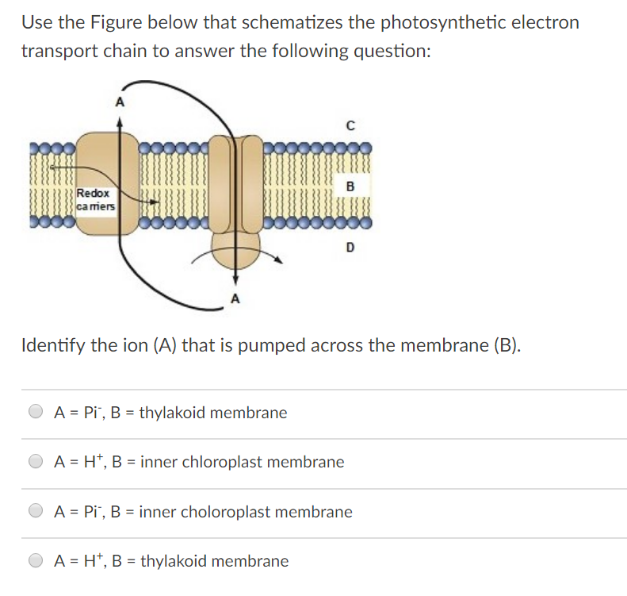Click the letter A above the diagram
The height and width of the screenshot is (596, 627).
(x=119, y=102)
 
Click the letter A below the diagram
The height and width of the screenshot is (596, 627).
(x=235, y=299)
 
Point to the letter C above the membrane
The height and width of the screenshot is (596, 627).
(x=350, y=125)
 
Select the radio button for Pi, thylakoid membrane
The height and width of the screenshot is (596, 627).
(x=36, y=413)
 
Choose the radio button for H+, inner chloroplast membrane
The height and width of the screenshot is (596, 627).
(x=36, y=462)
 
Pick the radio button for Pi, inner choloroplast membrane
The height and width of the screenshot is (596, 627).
(x=36, y=512)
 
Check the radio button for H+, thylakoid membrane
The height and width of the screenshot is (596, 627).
(x=36, y=561)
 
